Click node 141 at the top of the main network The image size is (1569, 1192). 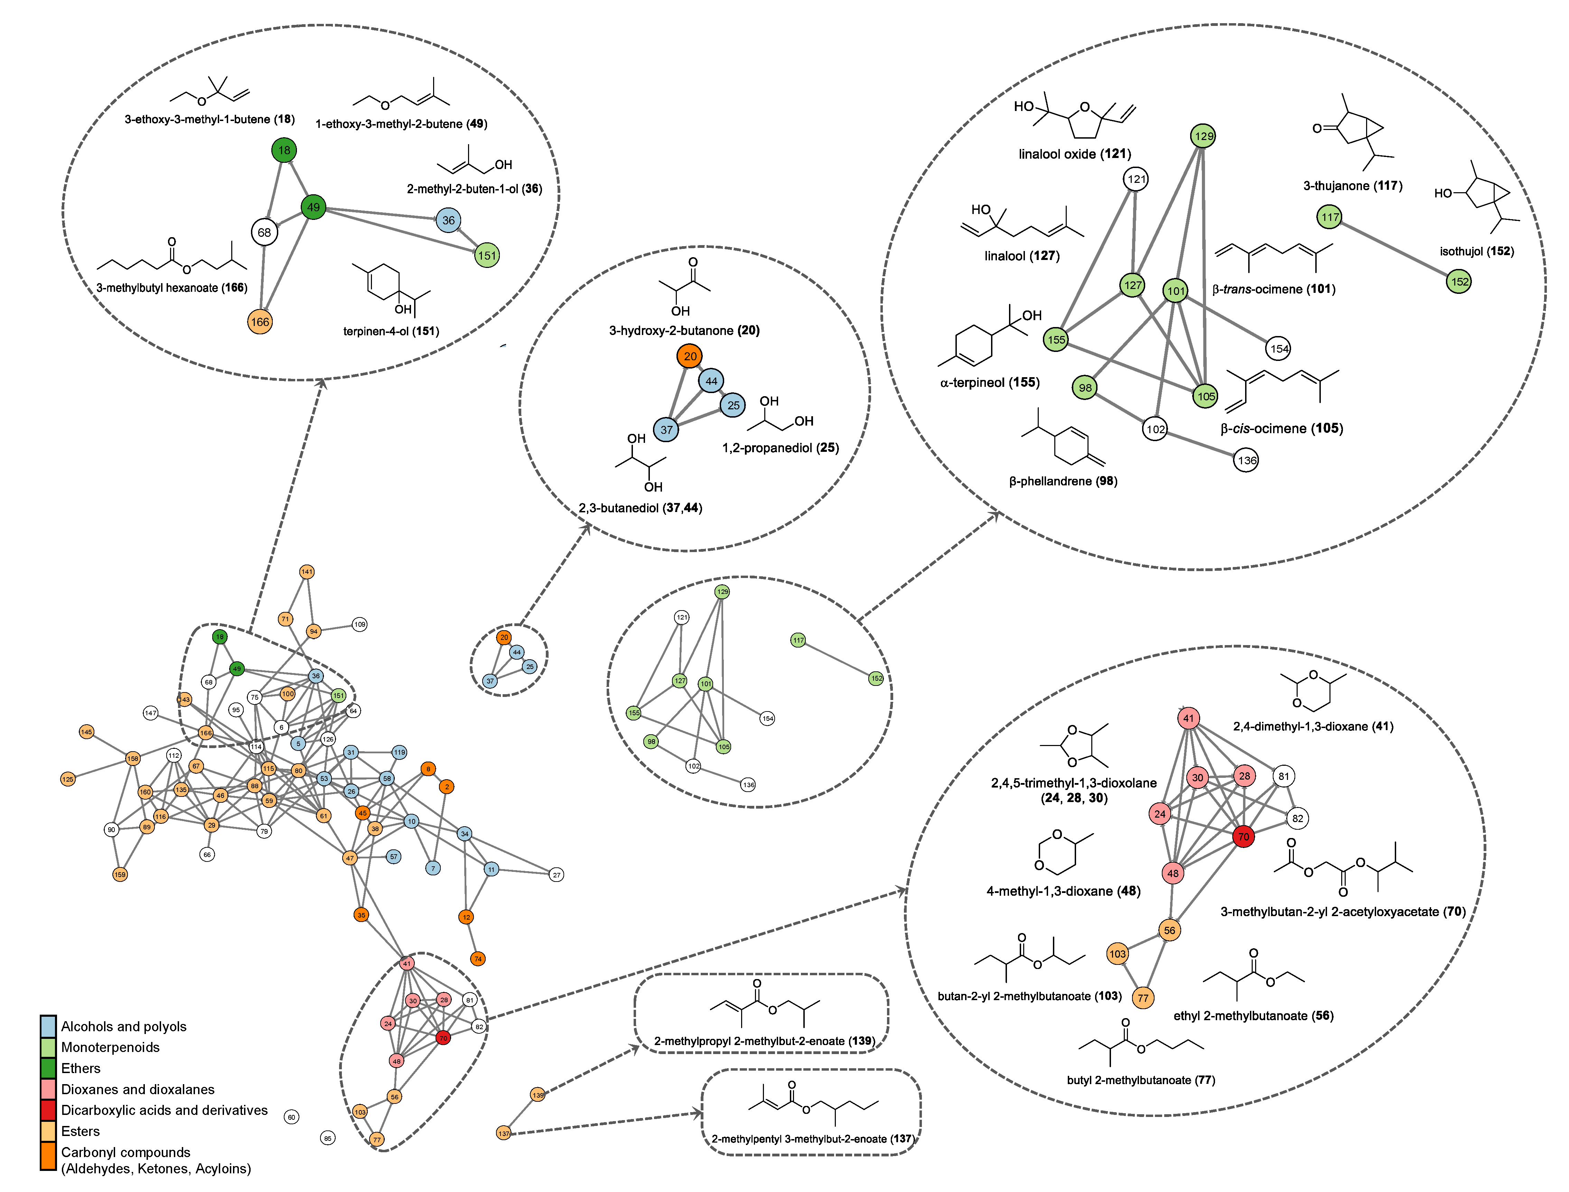[306, 572]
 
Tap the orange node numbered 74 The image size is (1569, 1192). [478, 959]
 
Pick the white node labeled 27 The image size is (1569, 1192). [557, 875]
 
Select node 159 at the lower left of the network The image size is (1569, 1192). [120, 875]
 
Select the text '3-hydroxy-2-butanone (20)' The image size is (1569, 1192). [684, 330]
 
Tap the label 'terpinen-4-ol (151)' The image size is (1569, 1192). [391, 331]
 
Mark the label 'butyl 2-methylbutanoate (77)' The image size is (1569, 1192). [1141, 1080]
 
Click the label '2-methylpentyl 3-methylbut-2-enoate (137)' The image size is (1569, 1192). [812, 1139]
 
